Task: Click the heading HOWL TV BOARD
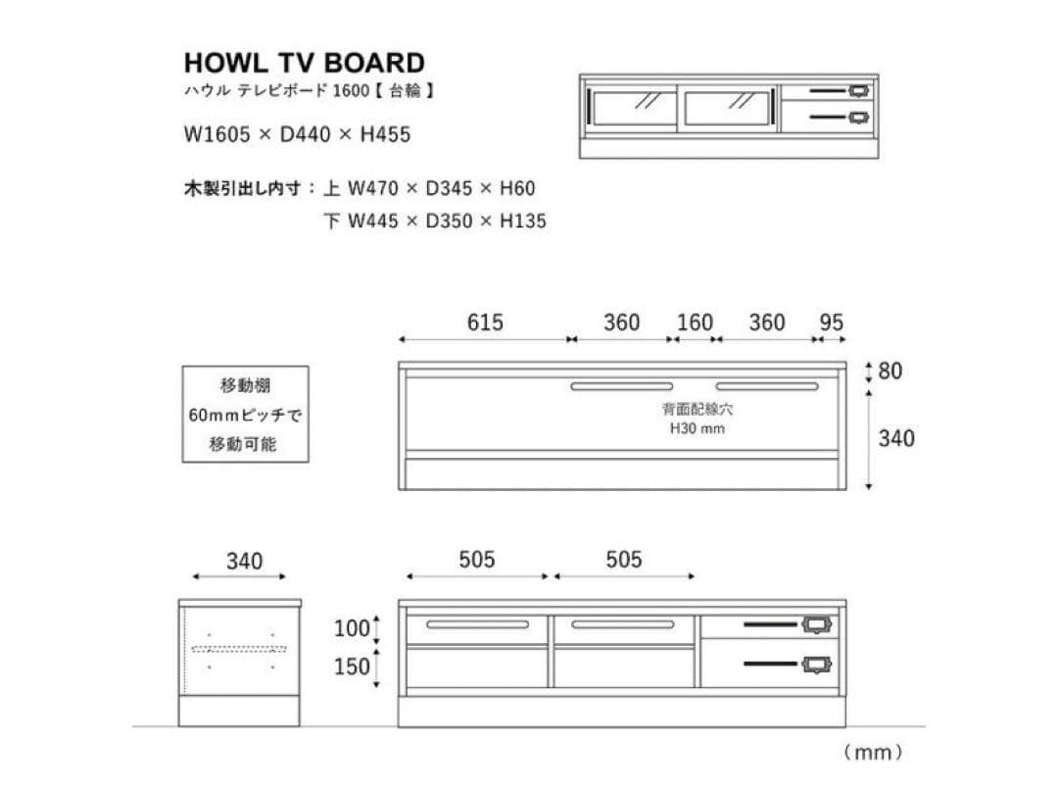[x=305, y=63]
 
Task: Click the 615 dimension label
[x=485, y=323]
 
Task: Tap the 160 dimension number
[x=695, y=323]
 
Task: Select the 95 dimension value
[x=832, y=323]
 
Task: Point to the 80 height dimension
[x=890, y=371]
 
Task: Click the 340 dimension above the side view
[x=244, y=561]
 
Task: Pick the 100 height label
[x=352, y=628]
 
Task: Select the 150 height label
[x=352, y=668]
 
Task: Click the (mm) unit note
[x=873, y=752]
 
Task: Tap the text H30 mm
[x=697, y=428]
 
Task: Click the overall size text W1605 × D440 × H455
[x=297, y=134]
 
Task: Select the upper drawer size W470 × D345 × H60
[x=441, y=188]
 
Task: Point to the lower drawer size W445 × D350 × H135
[x=447, y=221]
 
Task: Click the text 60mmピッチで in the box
[x=245, y=415]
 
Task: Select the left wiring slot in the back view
[x=621, y=386]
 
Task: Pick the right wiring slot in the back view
[x=767, y=386]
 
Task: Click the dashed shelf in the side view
[x=240, y=650]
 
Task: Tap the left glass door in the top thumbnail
[x=633, y=108]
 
